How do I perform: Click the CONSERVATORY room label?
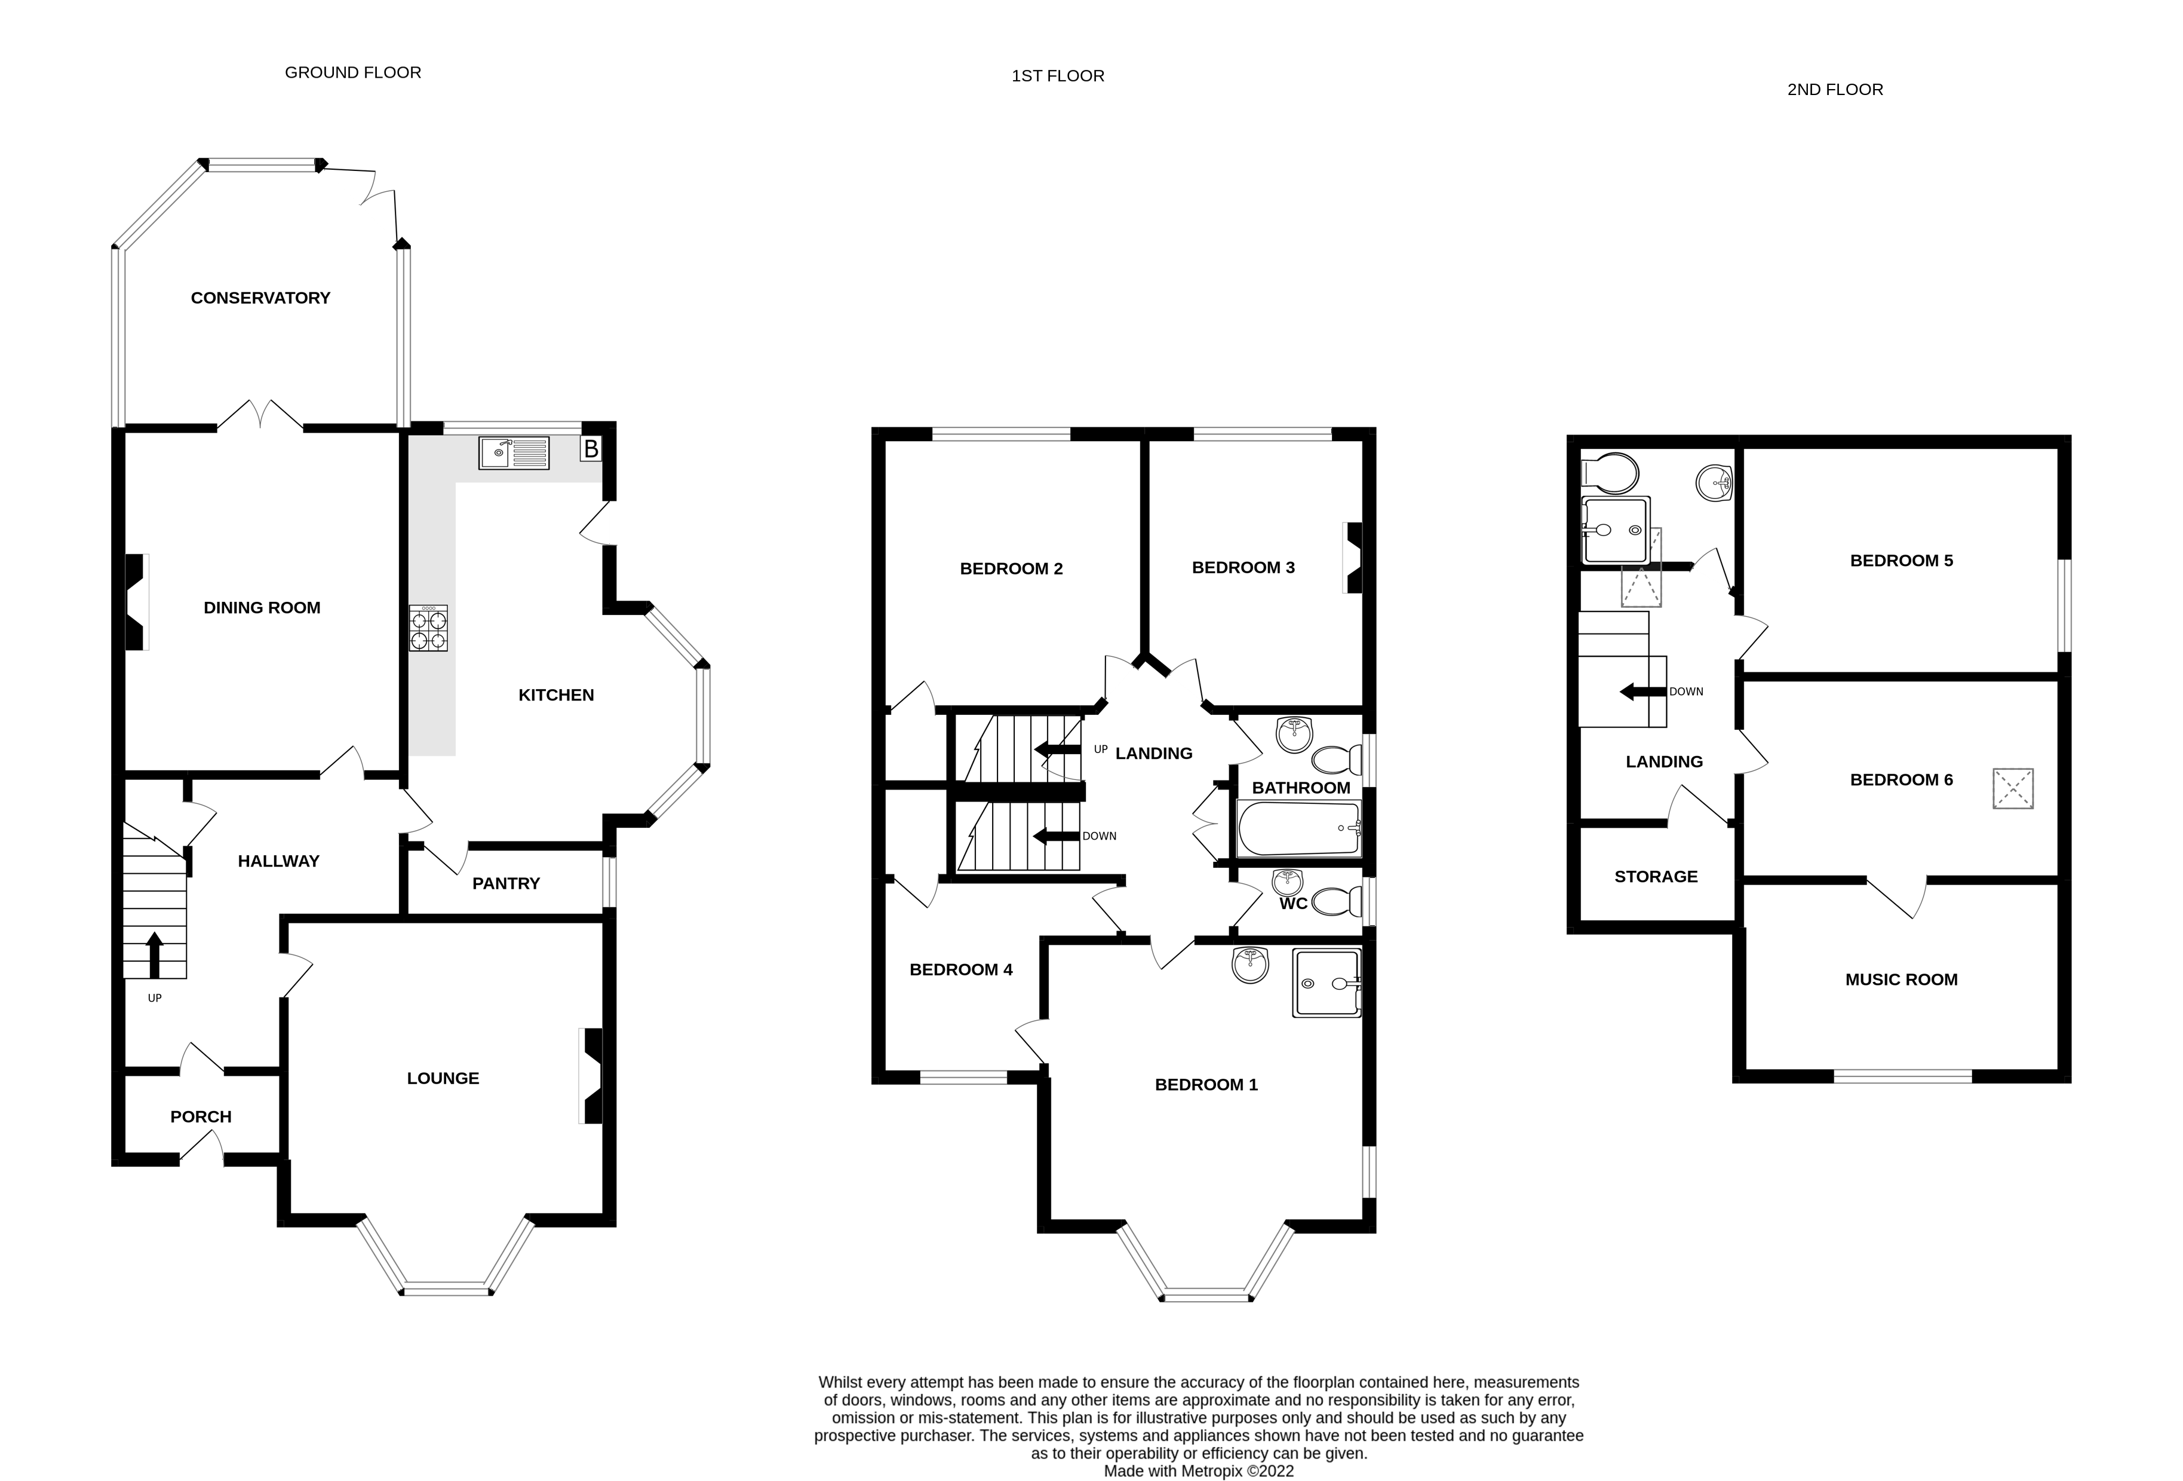point(260,298)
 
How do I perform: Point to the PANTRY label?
point(506,883)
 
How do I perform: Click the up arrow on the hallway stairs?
point(155,954)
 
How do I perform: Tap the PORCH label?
point(201,1116)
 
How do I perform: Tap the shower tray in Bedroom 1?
point(1327,983)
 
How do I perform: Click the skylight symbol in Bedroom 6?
point(2013,788)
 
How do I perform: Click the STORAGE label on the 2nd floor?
point(1656,877)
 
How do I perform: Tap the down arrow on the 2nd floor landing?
point(1642,691)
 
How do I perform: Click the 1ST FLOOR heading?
point(1058,76)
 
